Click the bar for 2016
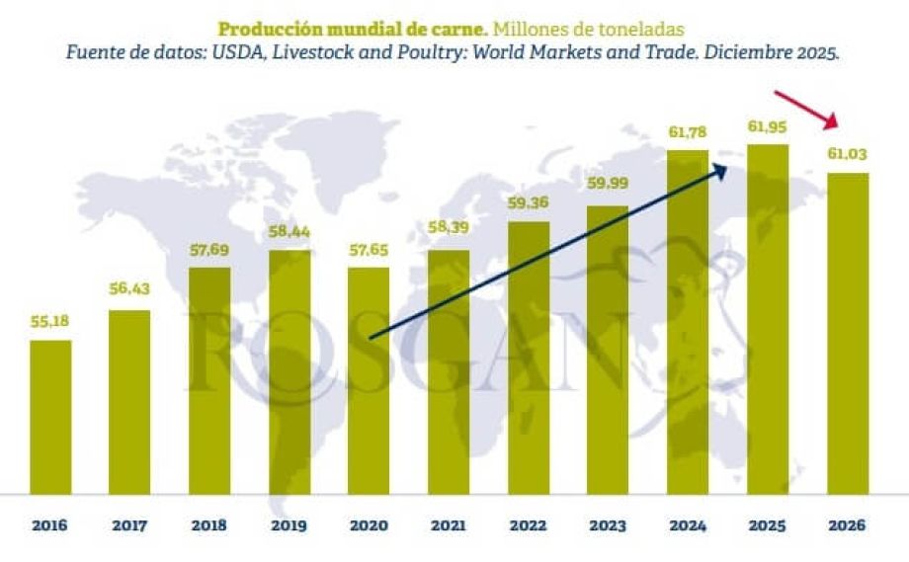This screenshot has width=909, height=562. (50, 417)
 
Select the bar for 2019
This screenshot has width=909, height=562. (289, 371)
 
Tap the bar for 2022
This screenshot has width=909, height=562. (529, 358)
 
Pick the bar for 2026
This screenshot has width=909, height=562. (847, 334)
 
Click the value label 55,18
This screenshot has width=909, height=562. (50, 322)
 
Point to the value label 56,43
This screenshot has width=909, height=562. (129, 289)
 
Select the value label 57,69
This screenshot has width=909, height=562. (209, 250)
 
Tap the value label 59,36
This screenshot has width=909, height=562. (529, 203)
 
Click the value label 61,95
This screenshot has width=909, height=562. (768, 126)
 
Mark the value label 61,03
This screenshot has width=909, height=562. (847, 155)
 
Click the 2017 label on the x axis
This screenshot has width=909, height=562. (129, 525)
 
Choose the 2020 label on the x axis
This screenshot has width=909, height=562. (369, 525)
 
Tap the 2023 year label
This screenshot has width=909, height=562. (608, 525)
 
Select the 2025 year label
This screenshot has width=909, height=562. (768, 525)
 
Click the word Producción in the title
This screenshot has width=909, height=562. (260, 28)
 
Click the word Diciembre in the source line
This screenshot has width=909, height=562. (756, 53)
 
